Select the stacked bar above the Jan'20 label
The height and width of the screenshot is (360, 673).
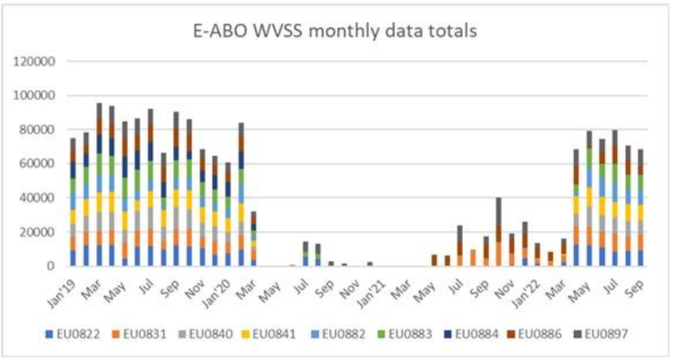[x=241, y=194]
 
